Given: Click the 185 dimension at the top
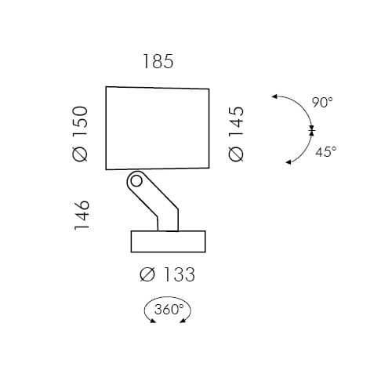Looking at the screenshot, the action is coord(158,62).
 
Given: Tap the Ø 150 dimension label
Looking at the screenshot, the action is coord(80,134).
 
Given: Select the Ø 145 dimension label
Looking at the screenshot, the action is coord(236,134).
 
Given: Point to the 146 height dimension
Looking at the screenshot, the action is coord(82,216).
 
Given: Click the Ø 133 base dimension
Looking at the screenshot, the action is coord(168,274).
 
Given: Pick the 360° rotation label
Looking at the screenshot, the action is coord(169,310).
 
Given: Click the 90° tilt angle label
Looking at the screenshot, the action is coord(323,102).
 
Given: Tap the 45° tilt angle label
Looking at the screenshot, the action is coord(326,152).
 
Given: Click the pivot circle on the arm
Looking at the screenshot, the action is coord(136,181).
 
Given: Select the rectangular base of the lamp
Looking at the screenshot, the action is coord(169,241).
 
